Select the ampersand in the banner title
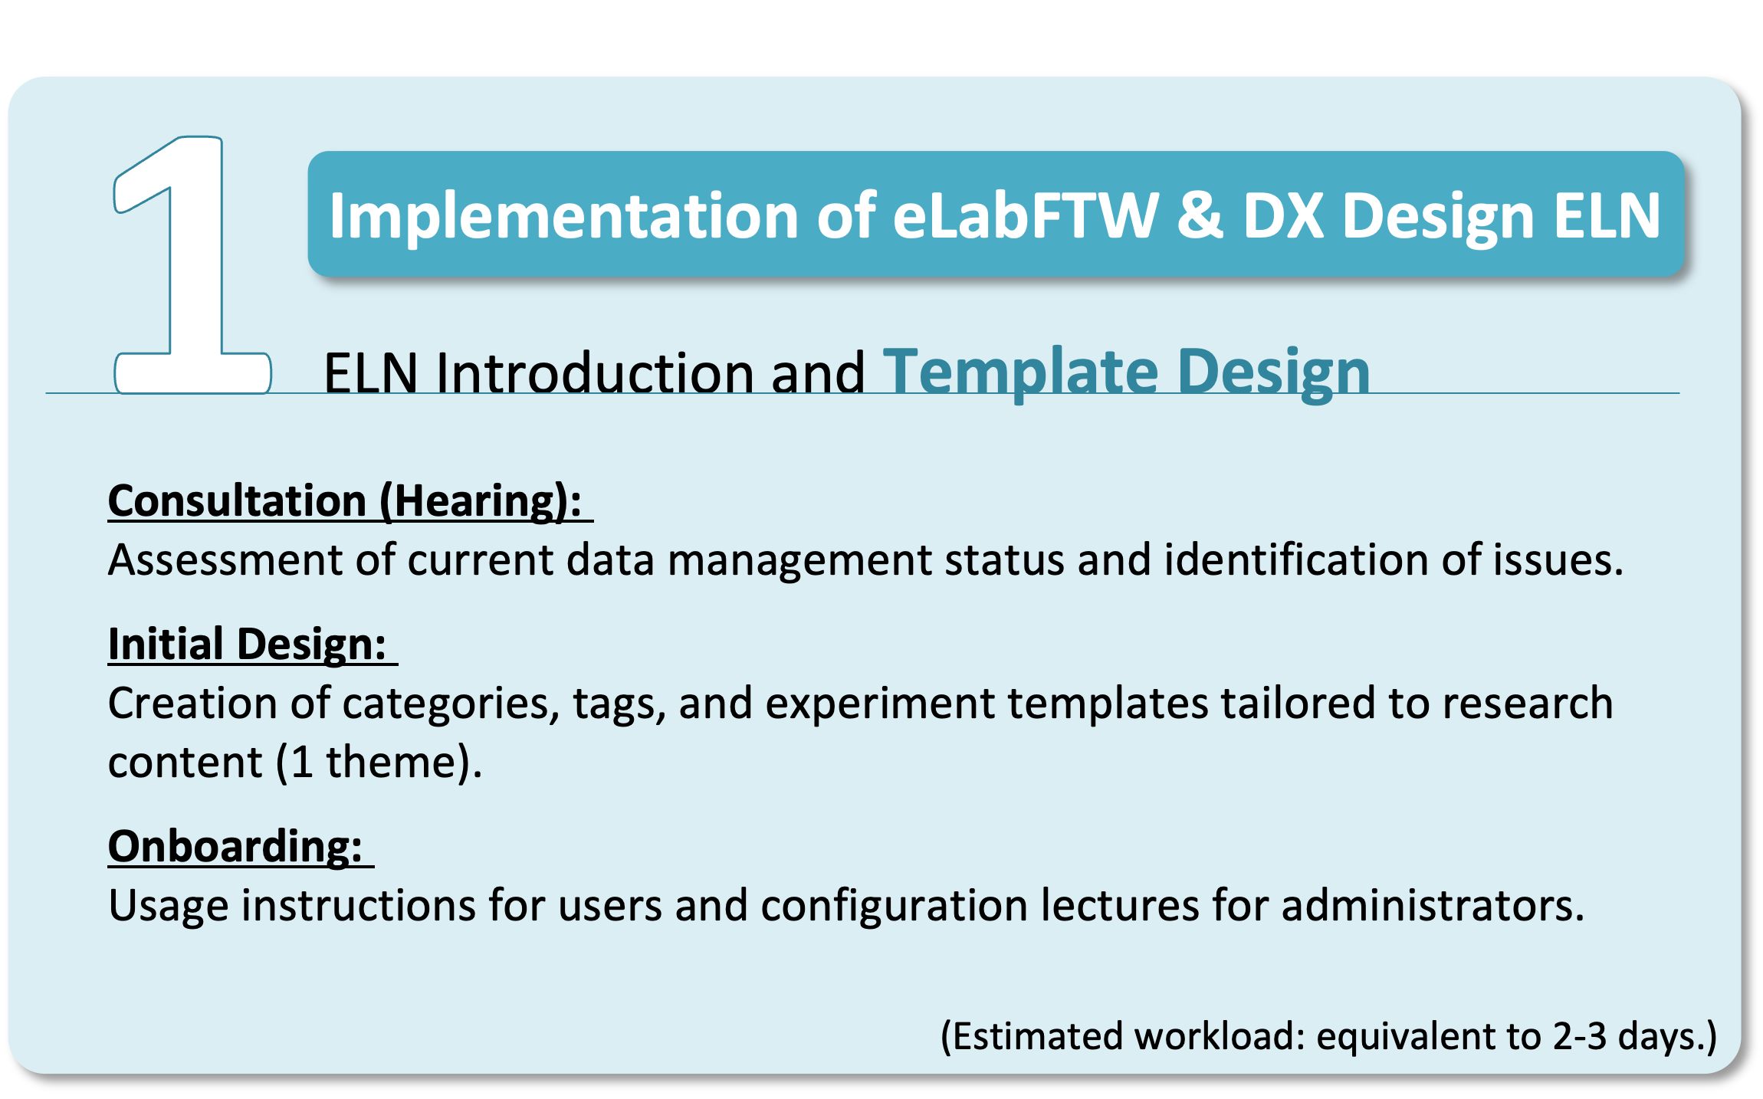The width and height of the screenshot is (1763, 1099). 1200,215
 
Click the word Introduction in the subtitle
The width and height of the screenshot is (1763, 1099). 595,374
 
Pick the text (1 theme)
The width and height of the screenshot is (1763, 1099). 379,763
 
